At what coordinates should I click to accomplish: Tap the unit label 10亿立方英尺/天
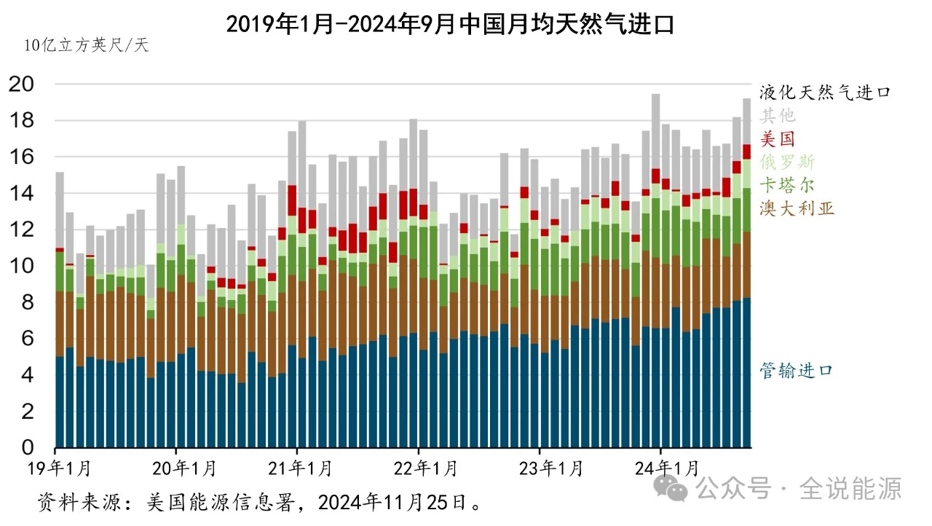pos(86,45)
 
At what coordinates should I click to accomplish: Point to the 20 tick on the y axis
pos(22,85)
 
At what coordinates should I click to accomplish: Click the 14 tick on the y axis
pos(22,194)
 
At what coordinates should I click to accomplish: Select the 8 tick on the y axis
pos(26,303)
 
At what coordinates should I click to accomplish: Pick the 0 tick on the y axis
pos(26,447)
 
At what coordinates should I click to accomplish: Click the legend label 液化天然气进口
pos(825,93)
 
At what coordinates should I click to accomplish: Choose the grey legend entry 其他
pos(778,116)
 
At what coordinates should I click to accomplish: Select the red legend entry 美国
pos(778,138)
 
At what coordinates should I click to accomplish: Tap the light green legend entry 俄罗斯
pos(788,161)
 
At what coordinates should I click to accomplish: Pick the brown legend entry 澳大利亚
pos(797,209)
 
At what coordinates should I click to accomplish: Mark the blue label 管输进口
pos(795,371)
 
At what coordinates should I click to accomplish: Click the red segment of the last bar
pos(746,151)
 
